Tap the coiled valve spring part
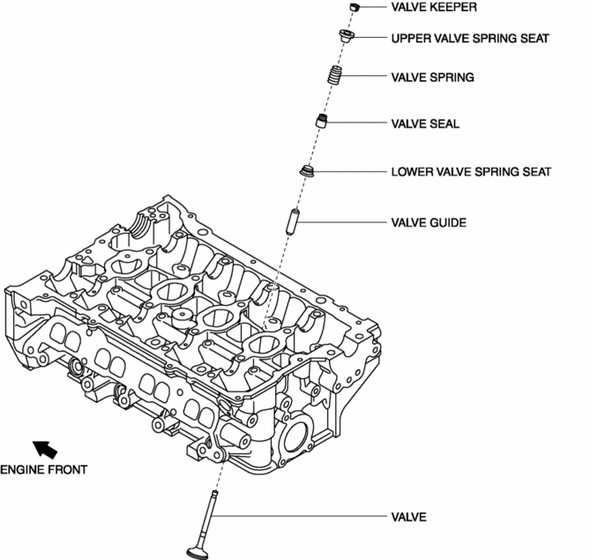[334, 78]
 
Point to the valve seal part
[324, 121]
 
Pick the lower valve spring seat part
[309, 168]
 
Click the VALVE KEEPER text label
[433, 7]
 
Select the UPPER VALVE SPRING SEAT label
[470, 39]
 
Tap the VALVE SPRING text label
[432, 78]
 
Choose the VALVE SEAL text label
[425, 124]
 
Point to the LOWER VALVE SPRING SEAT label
[471, 171]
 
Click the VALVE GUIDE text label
[429, 222]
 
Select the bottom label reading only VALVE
[408, 517]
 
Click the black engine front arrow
[43, 449]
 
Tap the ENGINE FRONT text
[43, 469]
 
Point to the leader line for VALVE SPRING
[366, 78]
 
